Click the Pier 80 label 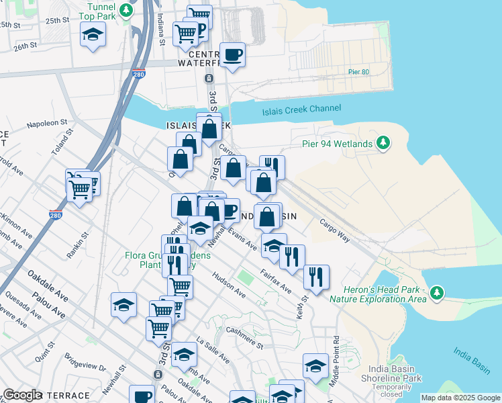358,72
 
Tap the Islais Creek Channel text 300,109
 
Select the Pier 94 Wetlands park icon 383,142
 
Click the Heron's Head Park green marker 437,293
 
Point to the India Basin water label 471,360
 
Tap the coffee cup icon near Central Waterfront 233,55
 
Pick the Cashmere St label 244,338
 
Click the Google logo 22,395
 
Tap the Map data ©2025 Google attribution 460,398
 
